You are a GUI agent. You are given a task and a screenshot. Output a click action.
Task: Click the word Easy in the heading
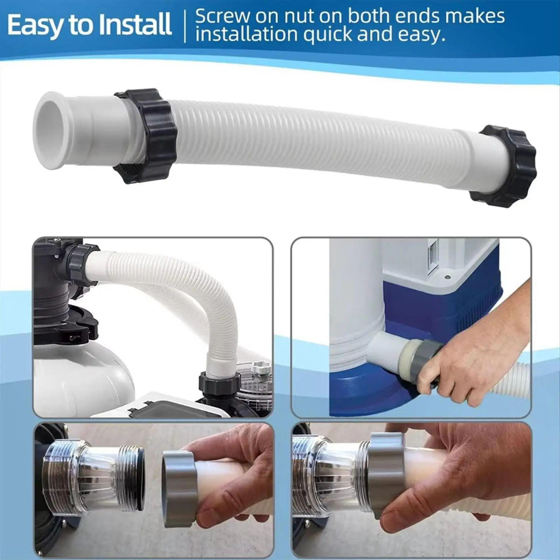33,25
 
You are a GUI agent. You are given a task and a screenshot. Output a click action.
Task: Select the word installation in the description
246,34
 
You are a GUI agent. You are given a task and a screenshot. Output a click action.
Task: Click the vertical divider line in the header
185,26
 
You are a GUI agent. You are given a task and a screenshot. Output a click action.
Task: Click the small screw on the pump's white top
448,277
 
